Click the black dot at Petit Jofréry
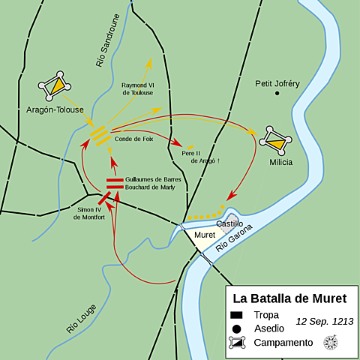click(277, 93)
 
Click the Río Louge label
click(81, 318)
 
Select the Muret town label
click(205, 235)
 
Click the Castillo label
click(229, 223)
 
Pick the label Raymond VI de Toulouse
click(137, 88)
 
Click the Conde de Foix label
click(133, 138)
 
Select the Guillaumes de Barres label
click(153, 179)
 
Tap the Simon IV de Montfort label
click(89, 213)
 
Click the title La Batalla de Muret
click(289, 298)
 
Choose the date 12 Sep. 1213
click(323, 321)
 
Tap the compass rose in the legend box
click(329, 342)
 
